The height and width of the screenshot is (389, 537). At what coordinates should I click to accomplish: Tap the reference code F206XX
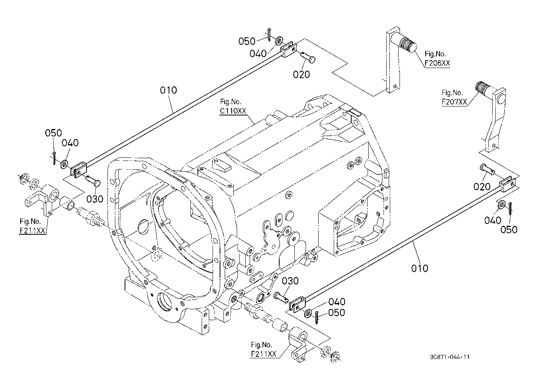(x=437, y=63)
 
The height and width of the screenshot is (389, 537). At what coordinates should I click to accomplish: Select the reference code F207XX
(x=454, y=102)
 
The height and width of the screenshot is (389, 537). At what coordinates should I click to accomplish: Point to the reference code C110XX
(x=233, y=111)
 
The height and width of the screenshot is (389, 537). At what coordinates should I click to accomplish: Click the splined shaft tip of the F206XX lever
(x=408, y=45)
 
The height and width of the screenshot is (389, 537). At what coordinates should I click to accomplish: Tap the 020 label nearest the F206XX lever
(x=301, y=74)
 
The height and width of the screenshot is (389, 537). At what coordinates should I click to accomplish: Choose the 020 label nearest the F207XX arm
(x=482, y=187)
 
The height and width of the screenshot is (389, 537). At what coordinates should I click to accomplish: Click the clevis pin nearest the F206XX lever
(x=308, y=57)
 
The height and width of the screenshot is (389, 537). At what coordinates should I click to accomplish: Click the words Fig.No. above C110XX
(x=231, y=102)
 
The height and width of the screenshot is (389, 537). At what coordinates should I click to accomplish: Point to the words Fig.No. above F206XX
(x=435, y=54)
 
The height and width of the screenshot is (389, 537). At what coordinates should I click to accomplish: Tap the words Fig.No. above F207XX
(x=452, y=92)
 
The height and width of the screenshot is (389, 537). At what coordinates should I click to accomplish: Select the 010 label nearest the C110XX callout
(x=169, y=90)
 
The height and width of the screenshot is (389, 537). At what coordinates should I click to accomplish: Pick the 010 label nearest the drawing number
(x=419, y=269)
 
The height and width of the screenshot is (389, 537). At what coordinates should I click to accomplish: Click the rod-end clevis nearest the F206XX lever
(x=289, y=49)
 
